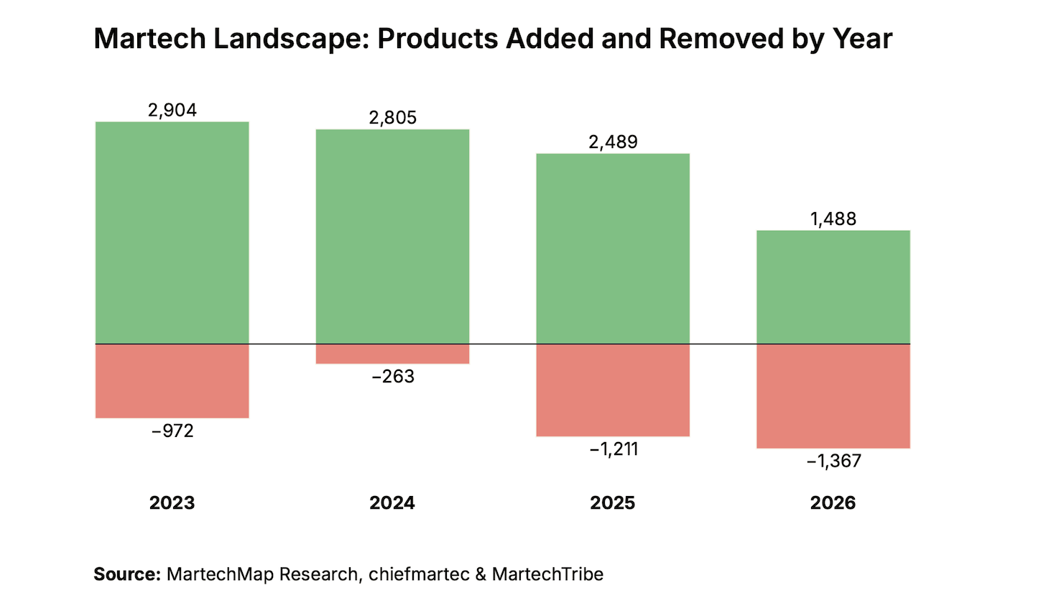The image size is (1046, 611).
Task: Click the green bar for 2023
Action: (172, 233)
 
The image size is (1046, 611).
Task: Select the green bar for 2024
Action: (392, 236)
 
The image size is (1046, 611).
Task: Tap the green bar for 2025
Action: (613, 249)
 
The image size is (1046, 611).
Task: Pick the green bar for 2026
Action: (833, 287)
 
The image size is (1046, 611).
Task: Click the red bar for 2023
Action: (172, 381)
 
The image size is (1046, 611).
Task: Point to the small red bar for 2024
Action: (392, 354)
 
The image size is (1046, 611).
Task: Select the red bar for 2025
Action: (613, 390)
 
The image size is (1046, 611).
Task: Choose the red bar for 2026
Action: (833, 396)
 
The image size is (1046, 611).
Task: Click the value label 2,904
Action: (172, 110)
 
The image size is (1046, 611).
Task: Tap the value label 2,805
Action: (393, 118)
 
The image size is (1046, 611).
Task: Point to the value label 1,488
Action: (833, 219)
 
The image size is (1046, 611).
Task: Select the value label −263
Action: (393, 377)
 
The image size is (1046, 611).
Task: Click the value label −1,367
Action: (833, 461)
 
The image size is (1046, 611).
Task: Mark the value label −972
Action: (172, 431)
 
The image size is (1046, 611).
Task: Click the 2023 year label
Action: (172, 503)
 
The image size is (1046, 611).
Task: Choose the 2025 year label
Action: (613, 503)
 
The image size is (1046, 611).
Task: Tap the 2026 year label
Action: (833, 503)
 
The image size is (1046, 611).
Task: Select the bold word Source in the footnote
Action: (127, 574)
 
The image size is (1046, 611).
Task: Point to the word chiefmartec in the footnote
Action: (419, 574)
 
